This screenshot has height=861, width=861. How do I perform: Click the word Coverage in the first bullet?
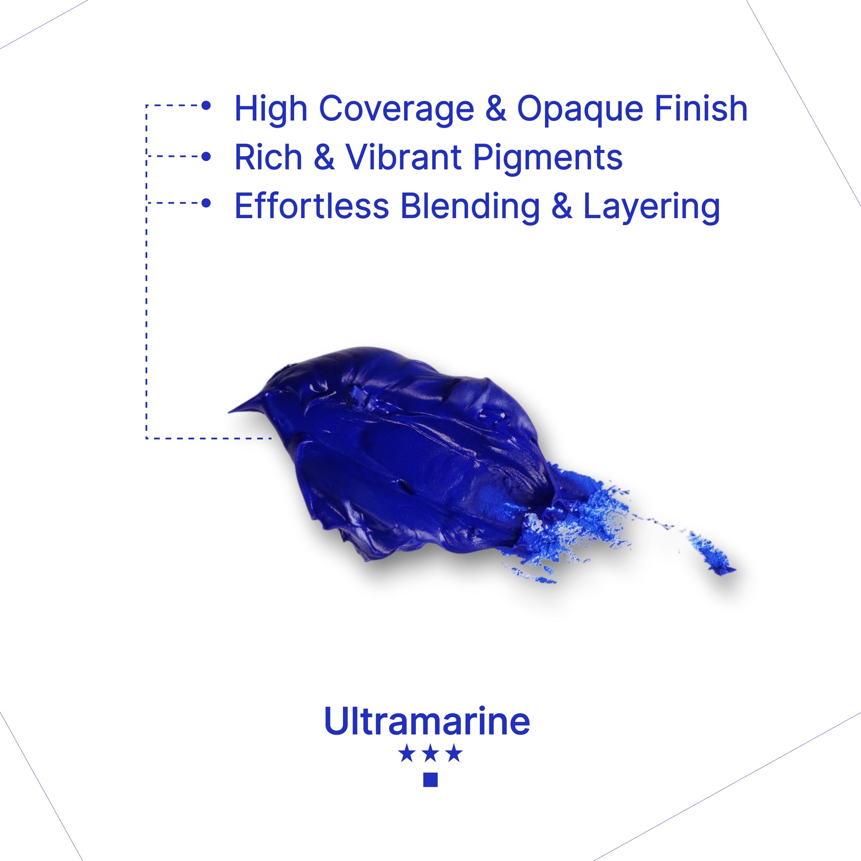[396, 109]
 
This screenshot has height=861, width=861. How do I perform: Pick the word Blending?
[470, 207]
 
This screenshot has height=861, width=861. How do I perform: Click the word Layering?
[652, 207]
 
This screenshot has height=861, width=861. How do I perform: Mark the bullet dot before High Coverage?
[206, 106]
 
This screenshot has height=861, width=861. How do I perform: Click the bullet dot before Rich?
[206, 157]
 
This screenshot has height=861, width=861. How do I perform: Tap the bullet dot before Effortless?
[206, 203]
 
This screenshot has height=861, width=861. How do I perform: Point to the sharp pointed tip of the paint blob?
[229, 412]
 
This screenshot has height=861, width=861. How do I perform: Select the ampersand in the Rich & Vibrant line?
[324, 158]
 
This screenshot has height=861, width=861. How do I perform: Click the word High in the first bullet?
[271, 109]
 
